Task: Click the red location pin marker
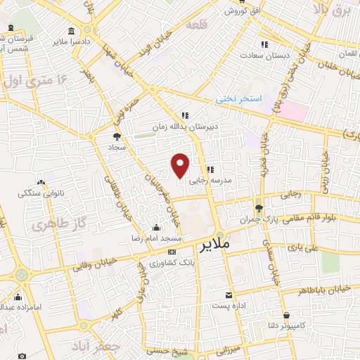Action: tap(181, 165)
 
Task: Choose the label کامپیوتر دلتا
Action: tap(288, 326)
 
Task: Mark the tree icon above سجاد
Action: tap(117, 135)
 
